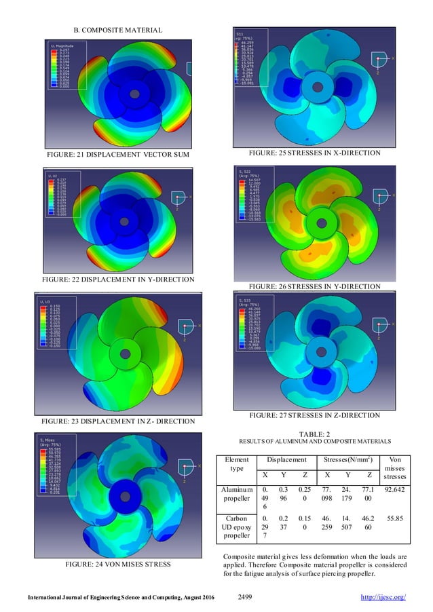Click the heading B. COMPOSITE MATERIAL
pyautogui.click(x=117, y=30)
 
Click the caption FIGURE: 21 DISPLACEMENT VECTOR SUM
pyautogui.click(x=117, y=155)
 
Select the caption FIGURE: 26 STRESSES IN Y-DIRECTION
pyautogui.click(x=314, y=286)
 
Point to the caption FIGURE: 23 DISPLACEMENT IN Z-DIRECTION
pyautogui.click(x=117, y=421)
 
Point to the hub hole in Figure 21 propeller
pyautogui.click(x=134, y=93)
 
